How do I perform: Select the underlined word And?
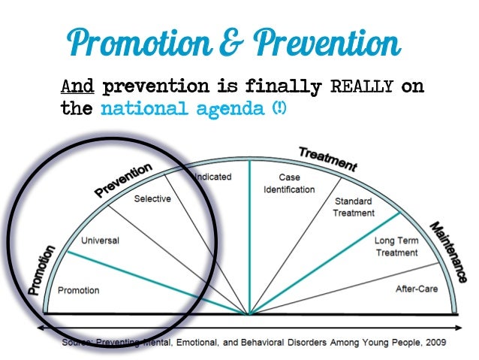[x=77, y=88]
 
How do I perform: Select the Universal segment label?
[x=101, y=241]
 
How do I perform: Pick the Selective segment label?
[x=152, y=198]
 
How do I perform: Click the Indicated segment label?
[x=213, y=177]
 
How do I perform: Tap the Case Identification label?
[x=288, y=183]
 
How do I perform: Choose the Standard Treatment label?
[x=354, y=207]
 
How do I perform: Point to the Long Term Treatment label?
[x=396, y=247]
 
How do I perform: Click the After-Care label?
[x=417, y=289]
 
